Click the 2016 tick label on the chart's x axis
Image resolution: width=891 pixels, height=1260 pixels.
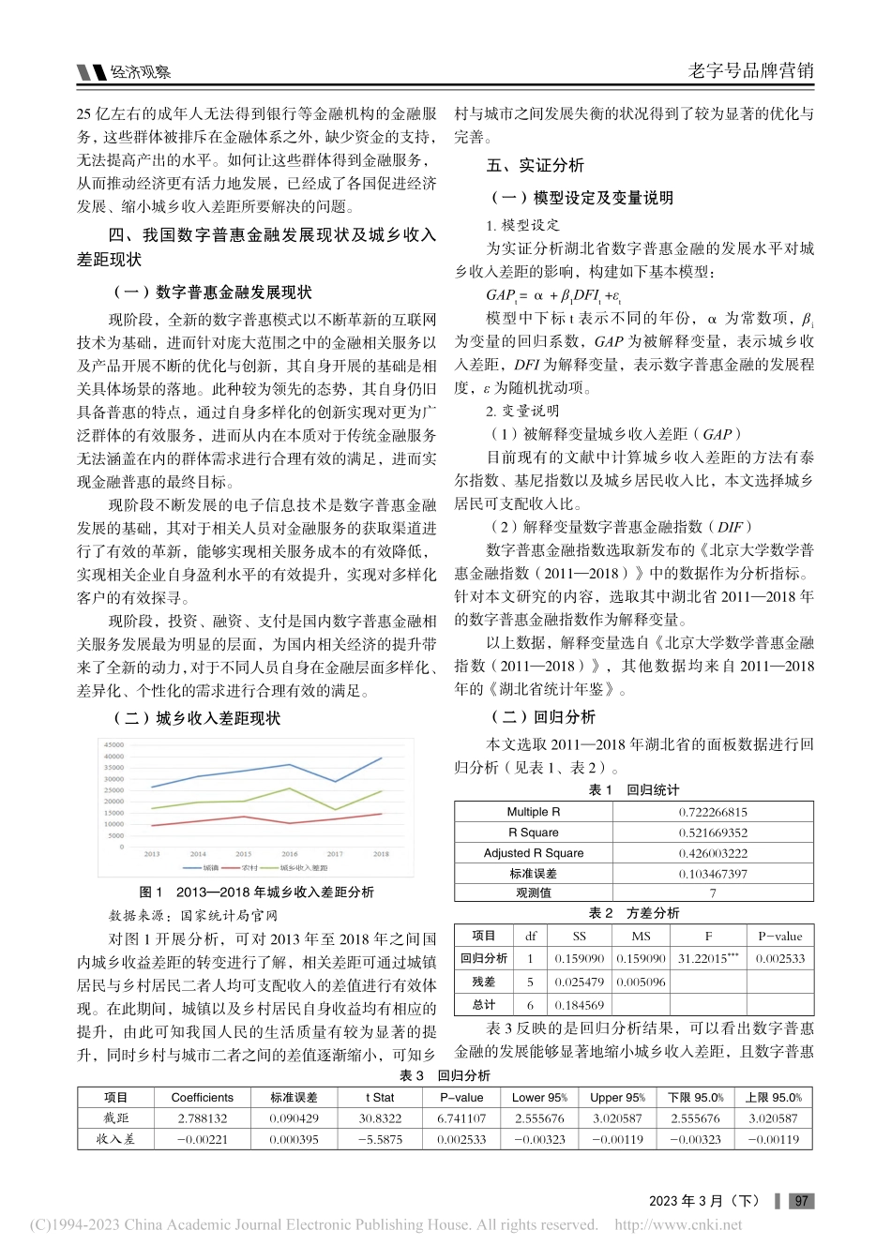click(290, 854)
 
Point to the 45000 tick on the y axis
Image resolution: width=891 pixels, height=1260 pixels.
click(113, 745)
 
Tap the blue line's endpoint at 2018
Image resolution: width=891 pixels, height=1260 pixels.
click(381, 757)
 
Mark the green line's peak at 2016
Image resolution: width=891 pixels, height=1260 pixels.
click(290, 788)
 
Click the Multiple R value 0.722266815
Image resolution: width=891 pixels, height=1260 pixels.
click(713, 812)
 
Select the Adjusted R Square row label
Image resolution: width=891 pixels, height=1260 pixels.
click(533, 853)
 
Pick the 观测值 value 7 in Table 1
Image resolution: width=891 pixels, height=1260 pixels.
click(713, 893)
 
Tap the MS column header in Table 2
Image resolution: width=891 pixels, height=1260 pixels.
click(641, 936)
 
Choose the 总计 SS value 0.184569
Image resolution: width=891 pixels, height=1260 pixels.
click(579, 1005)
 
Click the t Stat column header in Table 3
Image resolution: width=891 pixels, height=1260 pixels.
click(381, 1097)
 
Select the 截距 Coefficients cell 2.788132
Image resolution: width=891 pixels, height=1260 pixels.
click(202, 1118)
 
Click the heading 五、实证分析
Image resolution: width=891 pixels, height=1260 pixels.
click(535, 166)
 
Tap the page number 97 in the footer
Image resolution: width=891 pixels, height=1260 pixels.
click(801, 1201)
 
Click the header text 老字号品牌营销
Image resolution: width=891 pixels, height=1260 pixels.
click(751, 70)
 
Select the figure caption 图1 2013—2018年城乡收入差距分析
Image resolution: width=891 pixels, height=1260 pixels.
click(256, 892)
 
